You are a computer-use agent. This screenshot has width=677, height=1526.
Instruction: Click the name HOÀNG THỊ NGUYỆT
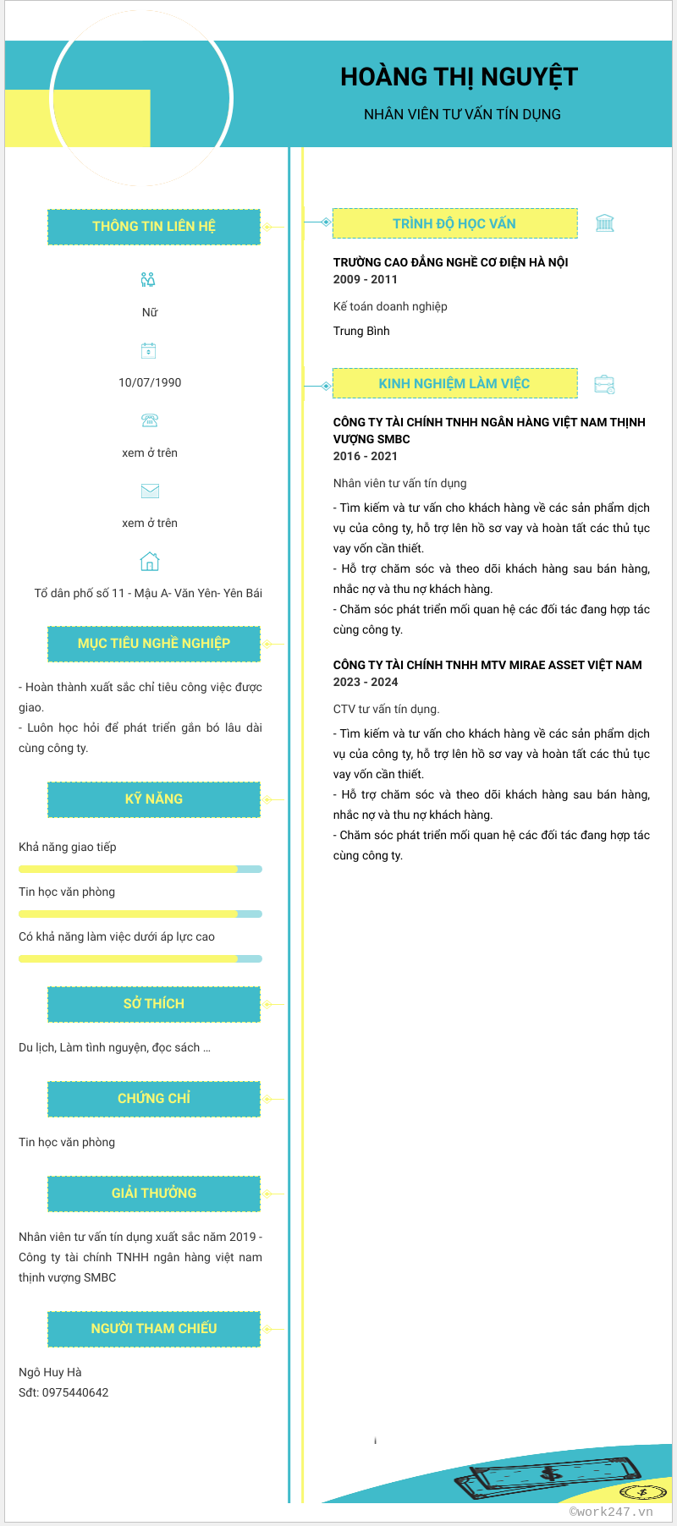(459, 77)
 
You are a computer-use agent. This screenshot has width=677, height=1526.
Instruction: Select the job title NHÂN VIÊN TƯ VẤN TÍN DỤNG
(462, 114)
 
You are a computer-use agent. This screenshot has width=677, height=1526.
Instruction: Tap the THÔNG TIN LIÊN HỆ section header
(154, 227)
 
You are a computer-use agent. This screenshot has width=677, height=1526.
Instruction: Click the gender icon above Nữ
(148, 280)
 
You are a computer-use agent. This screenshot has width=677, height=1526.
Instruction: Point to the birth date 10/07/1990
(150, 382)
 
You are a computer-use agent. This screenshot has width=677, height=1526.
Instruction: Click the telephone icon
(150, 420)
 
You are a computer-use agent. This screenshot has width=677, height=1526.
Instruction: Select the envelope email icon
(150, 491)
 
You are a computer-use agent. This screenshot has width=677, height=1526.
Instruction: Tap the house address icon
(149, 561)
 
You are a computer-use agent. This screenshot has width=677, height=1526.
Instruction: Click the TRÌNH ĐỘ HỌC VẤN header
(454, 223)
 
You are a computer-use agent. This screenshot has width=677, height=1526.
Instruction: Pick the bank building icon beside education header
(604, 223)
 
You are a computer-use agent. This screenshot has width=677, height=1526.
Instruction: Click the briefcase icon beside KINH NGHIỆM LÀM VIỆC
(604, 384)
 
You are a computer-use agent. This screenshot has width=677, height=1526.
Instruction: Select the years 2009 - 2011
(365, 279)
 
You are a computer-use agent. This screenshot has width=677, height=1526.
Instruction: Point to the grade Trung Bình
(361, 331)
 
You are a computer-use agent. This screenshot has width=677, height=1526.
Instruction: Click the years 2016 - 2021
(365, 456)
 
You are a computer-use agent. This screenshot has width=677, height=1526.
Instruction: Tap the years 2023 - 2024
(365, 682)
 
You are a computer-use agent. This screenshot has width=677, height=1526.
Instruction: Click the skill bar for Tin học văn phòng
(140, 914)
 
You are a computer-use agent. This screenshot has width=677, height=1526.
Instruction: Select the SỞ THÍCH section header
(154, 1004)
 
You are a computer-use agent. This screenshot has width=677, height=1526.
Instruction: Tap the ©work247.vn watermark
(611, 1512)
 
